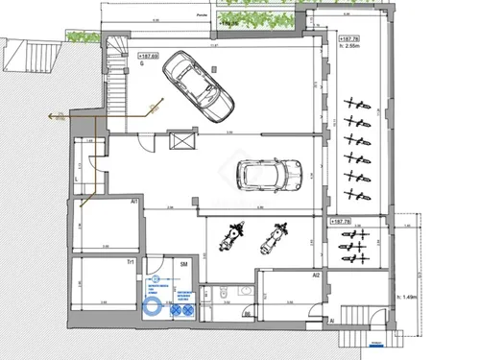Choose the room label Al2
(x=315, y=276)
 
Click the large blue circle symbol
(x=152, y=308)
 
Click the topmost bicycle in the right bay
(x=355, y=102)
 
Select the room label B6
(x=247, y=315)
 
